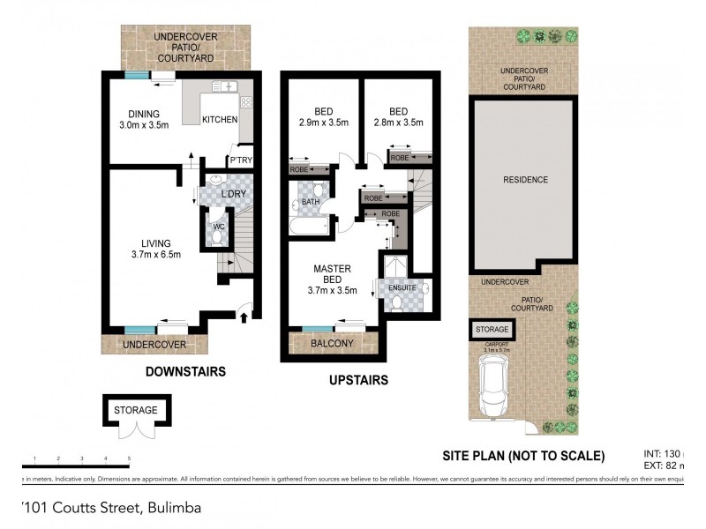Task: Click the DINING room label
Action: tap(141, 114)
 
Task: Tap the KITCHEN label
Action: tap(219, 119)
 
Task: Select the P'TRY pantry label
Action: tap(239, 160)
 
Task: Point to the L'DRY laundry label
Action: tap(233, 193)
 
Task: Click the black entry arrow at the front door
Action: tap(244, 313)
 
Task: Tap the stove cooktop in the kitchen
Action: tap(245, 101)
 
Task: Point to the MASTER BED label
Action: tap(331, 273)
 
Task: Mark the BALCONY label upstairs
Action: tap(332, 344)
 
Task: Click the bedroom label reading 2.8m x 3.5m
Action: tap(399, 124)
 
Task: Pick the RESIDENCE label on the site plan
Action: tap(525, 180)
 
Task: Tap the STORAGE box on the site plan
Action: tap(492, 330)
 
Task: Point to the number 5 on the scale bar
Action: tap(129, 458)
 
